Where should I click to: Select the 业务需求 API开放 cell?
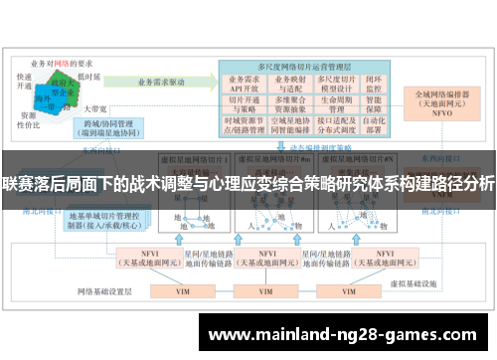point(244,84)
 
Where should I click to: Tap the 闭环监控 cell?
point(374,84)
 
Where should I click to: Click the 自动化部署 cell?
point(374,122)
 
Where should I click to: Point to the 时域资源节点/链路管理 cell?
point(244,122)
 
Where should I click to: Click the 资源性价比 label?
point(29,120)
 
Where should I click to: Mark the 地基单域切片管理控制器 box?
point(104,221)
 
